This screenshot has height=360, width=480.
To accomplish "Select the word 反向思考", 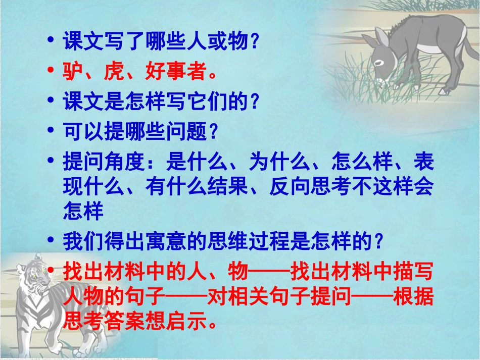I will (x=310, y=187).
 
